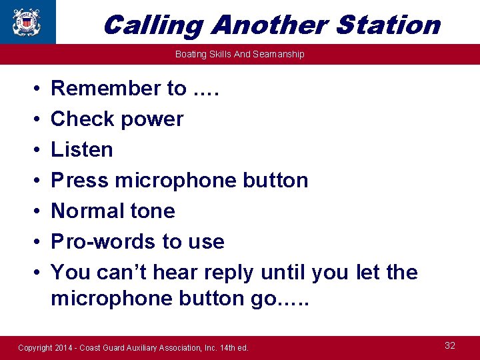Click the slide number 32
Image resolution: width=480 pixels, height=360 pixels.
coord(450,345)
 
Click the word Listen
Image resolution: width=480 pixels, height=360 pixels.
coord(82,149)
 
